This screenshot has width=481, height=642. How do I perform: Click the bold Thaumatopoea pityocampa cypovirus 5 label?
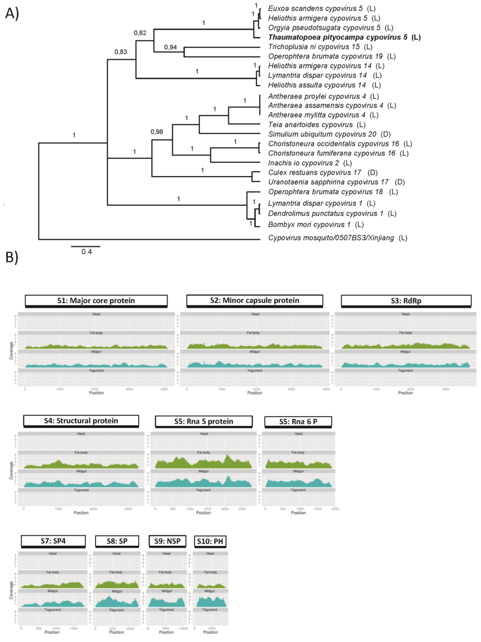click(x=344, y=37)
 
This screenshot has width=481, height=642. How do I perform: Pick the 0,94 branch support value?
click(x=170, y=47)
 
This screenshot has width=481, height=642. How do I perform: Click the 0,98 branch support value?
click(x=157, y=132)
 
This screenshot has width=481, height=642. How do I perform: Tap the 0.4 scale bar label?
click(x=86, y=252)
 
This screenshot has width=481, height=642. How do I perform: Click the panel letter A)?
click(x=12, y=14)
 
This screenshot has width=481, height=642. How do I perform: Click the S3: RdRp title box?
click(x=406, y=301)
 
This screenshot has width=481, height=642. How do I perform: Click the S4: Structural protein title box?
click(x=81, y=421)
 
